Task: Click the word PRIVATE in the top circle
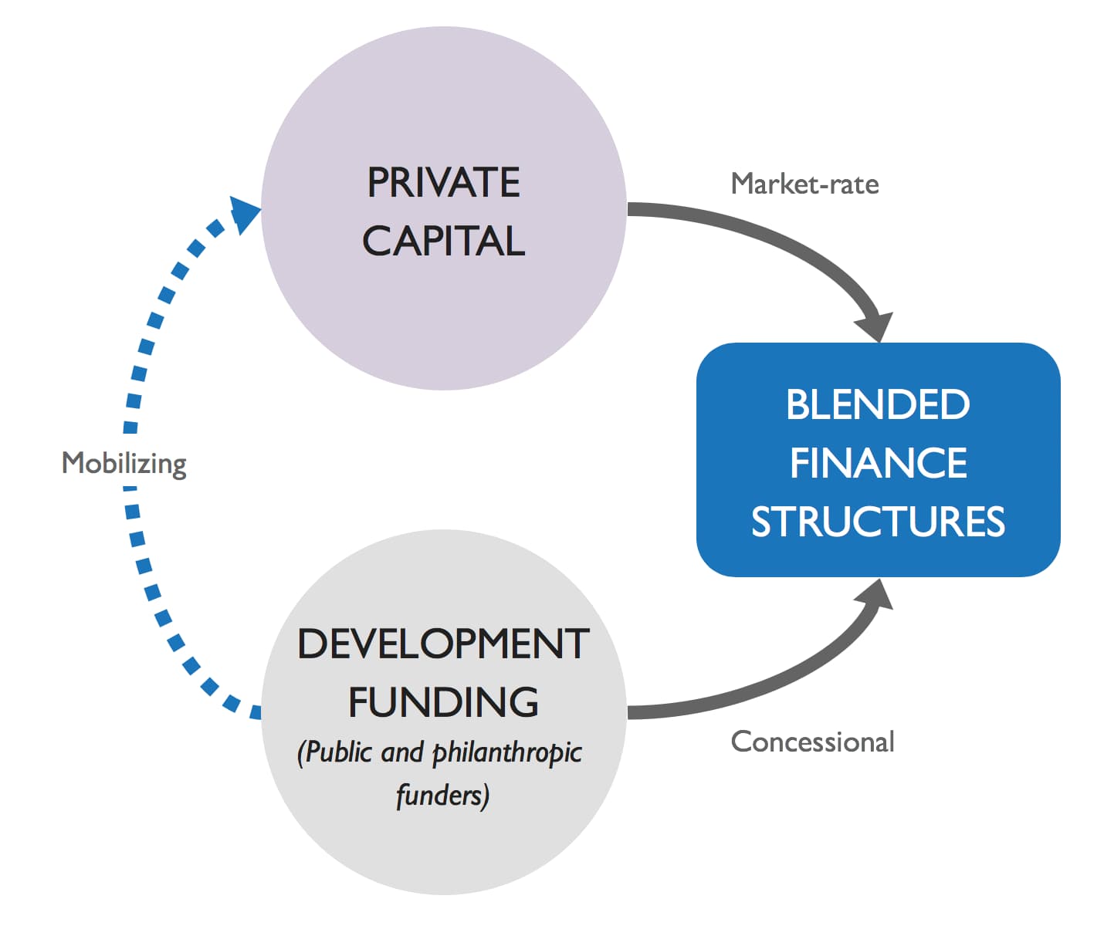point(443,183)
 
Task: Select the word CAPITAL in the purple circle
point(443,241)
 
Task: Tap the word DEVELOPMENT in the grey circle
point(443,644)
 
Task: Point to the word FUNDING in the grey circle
point(443,702)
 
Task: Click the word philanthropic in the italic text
point(506,753)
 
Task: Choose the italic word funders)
point(442,796)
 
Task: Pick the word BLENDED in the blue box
point(878,404)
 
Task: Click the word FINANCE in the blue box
point(878,463)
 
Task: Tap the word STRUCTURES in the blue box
point(878,522)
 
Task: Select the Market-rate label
point(804,184)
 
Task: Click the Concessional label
point(812,742)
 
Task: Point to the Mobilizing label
point(124,463)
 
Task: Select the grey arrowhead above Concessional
point(875,596)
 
